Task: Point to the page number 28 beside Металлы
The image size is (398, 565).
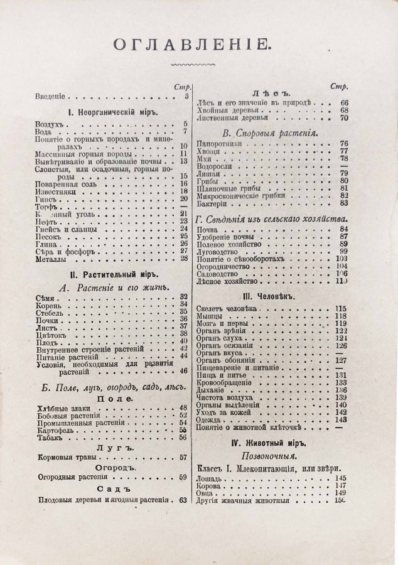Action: pos(184,258)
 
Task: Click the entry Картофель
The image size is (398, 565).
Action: pos(56,431)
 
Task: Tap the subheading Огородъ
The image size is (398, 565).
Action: pos(113,467)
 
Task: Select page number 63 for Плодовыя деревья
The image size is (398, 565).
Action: pos(184,500)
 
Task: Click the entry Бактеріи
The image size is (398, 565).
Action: pos(214,203)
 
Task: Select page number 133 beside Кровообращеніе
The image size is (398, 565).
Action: pos(341,382)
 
